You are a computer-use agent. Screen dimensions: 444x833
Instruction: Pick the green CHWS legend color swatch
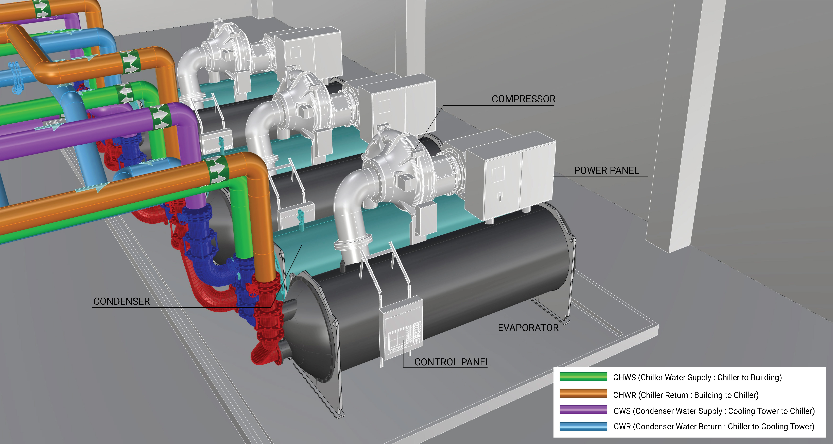pyautogui.click(x=583, y=377)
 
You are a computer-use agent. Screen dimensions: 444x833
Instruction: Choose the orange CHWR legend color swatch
pyautogui.click(x=583, y=393)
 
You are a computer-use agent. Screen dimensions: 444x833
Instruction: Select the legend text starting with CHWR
pyautogui.click(x=686, y=395)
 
